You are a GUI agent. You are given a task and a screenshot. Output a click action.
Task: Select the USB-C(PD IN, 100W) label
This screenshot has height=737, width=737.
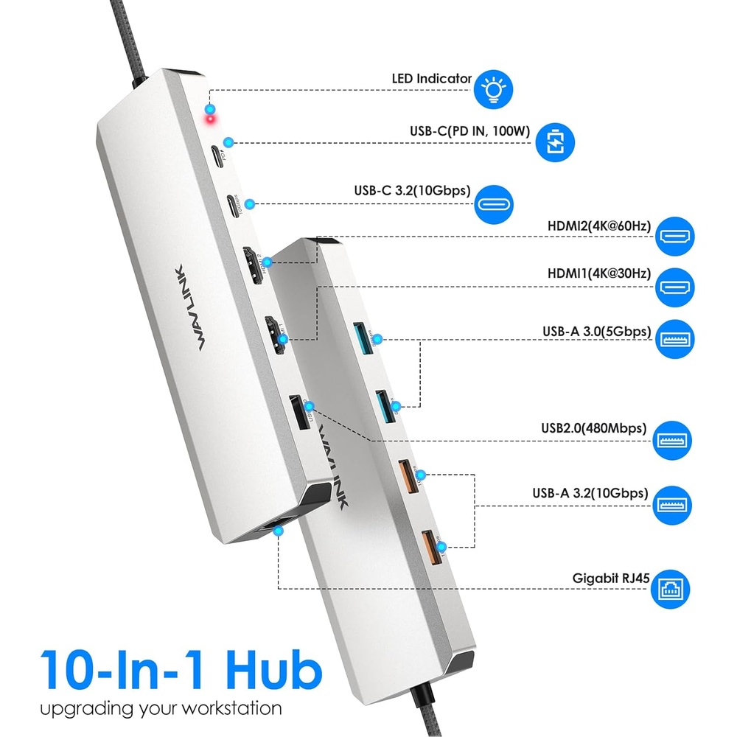(x=470, y=132)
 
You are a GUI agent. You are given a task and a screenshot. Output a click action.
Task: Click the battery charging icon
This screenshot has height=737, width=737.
(x=553, y=142)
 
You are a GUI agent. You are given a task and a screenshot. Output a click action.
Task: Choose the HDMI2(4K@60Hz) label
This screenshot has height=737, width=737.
(x=599, y=226)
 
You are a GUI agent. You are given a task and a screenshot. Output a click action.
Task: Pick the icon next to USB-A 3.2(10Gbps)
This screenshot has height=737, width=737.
(x=675, y=505)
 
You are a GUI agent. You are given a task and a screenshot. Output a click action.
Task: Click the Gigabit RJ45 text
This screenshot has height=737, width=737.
(x=611, y=578)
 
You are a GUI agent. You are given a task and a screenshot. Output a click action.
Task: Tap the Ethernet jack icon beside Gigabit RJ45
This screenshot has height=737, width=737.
(x=675, y=589)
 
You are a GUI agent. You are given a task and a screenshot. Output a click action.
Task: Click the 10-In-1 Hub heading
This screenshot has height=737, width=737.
(x=181, y=668)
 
